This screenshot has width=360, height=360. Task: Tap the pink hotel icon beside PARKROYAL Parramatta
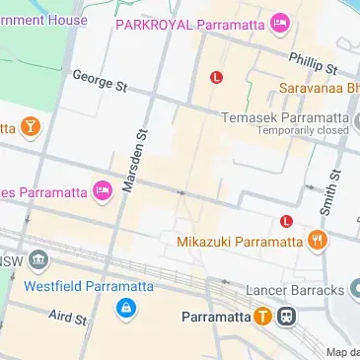(x=280, y=22)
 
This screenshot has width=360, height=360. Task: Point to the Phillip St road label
(x=314, y=63)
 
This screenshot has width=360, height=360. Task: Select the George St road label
(x=101, y=81)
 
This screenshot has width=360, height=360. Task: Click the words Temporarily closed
(x=303, y=130)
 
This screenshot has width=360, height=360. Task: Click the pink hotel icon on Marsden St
(x=103, y=190)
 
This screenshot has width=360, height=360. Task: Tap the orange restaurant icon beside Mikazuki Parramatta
(x=317, y=241)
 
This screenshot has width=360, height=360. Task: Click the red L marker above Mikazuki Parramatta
(x=286, y=221)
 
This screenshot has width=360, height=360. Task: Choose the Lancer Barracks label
(x=294, y=289)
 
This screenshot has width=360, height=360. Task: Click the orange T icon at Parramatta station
(x=262, y=318)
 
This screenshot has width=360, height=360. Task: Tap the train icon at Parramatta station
(x=287, y=318)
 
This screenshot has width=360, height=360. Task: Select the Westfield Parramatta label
(x=90, y=286)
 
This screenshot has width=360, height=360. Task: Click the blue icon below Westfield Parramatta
(x=124, y=309)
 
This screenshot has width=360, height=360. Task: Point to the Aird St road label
(x=68, y=317)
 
